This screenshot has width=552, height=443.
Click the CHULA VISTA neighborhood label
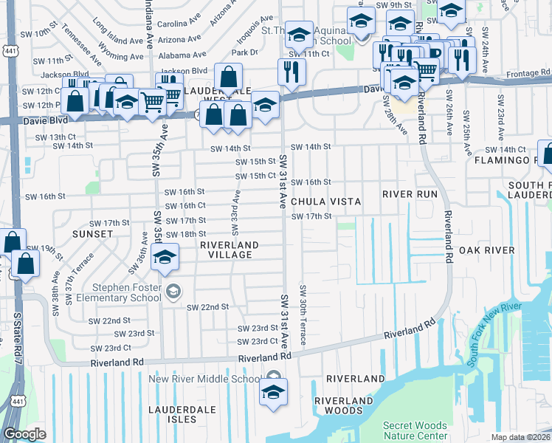[325, 202]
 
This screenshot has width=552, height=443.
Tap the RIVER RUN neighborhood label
[410, 194]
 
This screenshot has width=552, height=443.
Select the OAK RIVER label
[486, 251]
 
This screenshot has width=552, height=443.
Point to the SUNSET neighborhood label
[93, 233]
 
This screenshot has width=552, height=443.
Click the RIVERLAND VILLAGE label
[230, 250]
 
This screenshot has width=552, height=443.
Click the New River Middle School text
[204, 380]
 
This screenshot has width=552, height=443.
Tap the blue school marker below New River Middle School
[273, 391]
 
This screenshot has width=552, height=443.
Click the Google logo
[24, 434]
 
